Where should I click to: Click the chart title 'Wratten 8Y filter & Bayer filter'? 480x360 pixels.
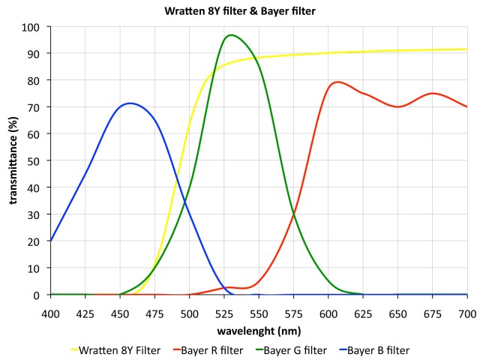[239, 11]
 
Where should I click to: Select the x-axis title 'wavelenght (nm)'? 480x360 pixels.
[259, 329]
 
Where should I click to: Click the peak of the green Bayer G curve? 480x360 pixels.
[231, 35]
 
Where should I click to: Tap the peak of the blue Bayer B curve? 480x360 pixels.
[130, 103]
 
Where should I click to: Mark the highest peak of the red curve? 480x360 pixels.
[337, 82]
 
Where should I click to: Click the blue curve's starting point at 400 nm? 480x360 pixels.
[50, 241]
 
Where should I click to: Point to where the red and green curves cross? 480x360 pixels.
[293, 214]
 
